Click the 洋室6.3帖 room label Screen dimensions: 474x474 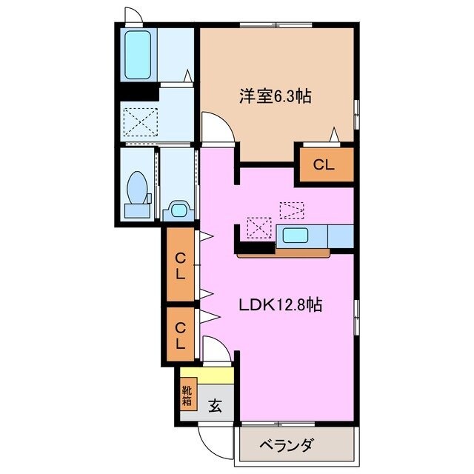tap(274, 95)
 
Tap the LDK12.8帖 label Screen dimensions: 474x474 tap(280, 304)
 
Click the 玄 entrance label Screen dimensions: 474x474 tap(215, 406)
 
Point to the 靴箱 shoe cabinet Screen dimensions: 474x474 tap(186, 395)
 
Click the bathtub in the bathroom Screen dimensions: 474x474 tap(138, 56)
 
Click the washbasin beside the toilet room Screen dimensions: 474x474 tap(178, 209)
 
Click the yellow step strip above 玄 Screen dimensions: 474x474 tap(207, 374)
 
